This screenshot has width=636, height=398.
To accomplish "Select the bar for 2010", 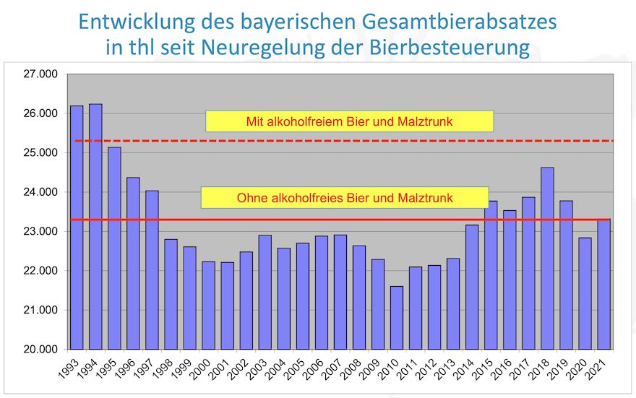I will pyautogui.click(x=397, y=318).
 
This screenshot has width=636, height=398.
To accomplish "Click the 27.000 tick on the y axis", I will pyautogui.click(x=40, y=74).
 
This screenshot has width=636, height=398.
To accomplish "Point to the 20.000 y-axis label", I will pyautogui.click(x=40, y=350).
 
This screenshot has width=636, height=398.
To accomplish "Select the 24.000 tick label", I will pyautogui.click(x=40, y=192).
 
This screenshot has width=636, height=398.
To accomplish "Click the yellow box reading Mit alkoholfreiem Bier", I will pyautogui.click(x=349, y=121).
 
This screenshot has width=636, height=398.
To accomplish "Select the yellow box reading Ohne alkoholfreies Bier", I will pyautogui.click(x=345, y=197).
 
